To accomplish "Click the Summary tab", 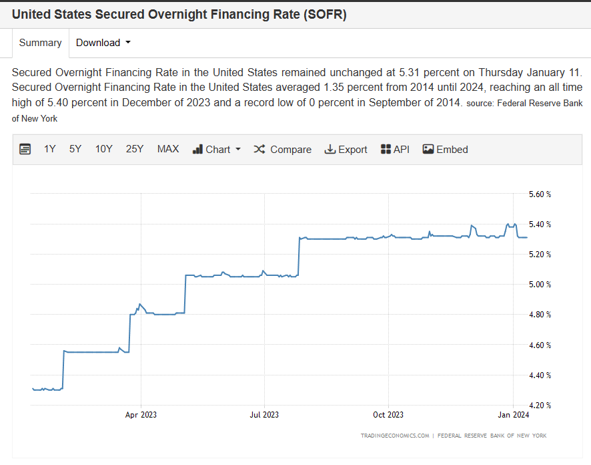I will (40, 43).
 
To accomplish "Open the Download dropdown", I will (103, 43).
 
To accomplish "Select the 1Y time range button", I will (50, 149).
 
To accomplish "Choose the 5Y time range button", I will (75, 149).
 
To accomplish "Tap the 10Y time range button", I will (103, 149).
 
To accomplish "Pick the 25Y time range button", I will (135, 149).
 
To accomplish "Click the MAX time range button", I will (168, 149).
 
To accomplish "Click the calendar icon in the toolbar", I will (25, 149).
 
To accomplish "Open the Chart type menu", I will (217, 149).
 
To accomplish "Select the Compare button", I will (282, 149).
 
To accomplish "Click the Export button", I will (346, 149).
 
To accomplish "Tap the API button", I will (395, 149).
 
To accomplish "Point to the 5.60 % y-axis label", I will (539, 194).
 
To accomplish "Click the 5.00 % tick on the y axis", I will (539, 285).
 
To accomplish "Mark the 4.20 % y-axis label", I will (539, 405).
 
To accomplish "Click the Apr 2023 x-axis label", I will (141, 415).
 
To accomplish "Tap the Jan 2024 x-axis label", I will (513, 415).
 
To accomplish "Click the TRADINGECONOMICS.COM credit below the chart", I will (395, 436).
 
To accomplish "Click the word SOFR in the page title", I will (325, 14).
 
